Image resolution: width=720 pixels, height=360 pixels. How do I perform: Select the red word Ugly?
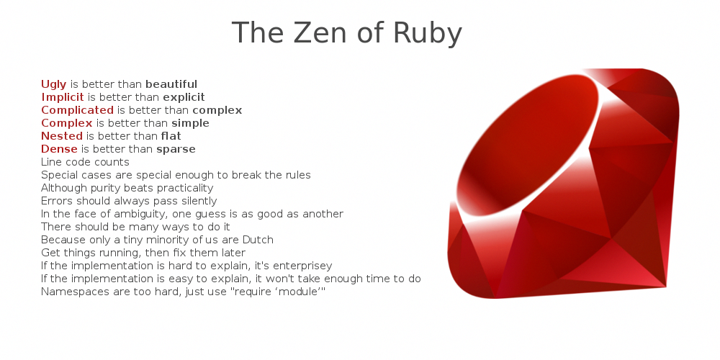tap(54, 85)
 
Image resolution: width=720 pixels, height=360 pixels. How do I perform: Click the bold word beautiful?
tap(171, 84)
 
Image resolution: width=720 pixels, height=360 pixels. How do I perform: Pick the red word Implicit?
tap(63, 98)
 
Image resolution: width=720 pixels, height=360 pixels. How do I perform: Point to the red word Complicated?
tap(77, 111)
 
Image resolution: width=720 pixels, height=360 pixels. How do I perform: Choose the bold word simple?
tap(190, 124)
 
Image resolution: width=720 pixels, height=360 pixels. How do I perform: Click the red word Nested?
tap(61, 136)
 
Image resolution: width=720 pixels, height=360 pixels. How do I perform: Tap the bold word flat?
tap(171, 136)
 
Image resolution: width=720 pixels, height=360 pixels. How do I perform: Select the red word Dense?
tap(59, 149)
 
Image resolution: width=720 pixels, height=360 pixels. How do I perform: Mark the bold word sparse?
tap(176, 150)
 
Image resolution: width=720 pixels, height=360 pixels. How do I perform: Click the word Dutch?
tap(258, 240)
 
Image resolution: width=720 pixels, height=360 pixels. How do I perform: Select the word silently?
tap(199, 201)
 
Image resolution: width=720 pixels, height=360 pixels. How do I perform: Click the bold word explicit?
tap(184, 98)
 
